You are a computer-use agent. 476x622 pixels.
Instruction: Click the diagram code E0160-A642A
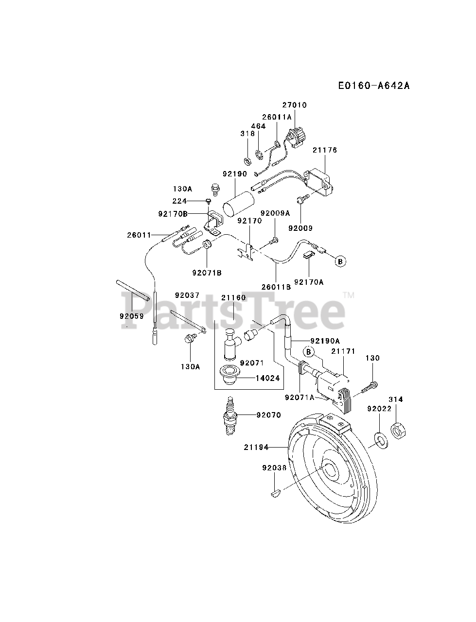coord(374,86)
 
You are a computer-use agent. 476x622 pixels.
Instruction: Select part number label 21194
coord(256,447)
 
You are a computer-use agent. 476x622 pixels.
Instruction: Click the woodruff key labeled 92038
coord(274,493)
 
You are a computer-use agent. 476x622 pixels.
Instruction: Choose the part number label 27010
coord(295,105)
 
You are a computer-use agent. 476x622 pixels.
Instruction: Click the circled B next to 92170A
coord(340,261)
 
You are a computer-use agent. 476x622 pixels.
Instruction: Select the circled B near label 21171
coord(309,351)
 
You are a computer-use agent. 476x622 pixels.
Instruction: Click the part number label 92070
coord(269,415)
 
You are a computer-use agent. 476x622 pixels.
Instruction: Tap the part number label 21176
coord(325,151)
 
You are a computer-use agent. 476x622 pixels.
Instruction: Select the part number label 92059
coord(131,316)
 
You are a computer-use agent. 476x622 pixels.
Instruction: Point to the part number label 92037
coord(187,295)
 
